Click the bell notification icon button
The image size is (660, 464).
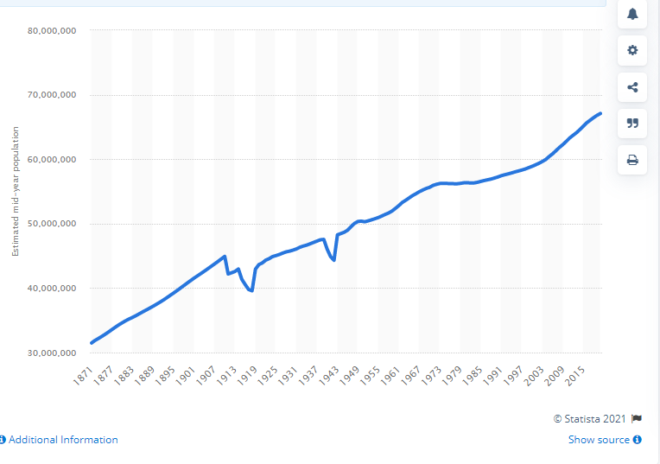click(632, 14)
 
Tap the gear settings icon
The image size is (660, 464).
click(632, 50)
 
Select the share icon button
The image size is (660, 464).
click(632, 86)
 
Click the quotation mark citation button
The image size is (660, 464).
click(632, 123)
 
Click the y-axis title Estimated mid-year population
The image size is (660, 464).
click(15, 192)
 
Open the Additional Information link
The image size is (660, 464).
click(63, 440)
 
